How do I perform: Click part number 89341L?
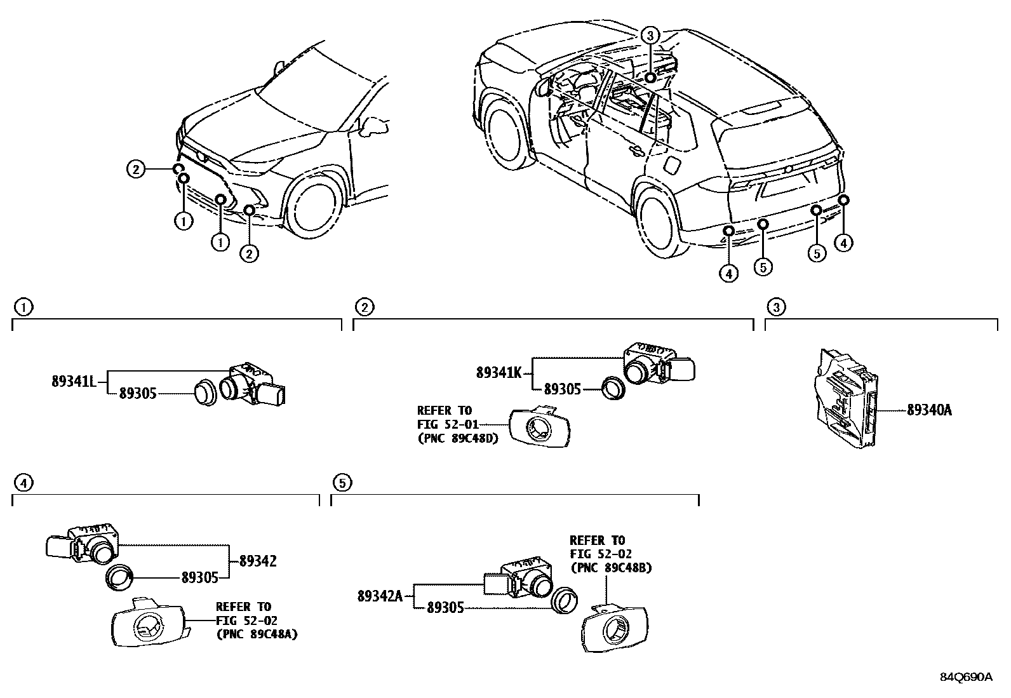click(x=73, y=382)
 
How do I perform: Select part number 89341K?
click(x=499, y=373)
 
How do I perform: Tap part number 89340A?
click(x=929, y=410)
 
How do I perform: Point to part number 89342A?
click(x=380, y=596)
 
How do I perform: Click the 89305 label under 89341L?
click(x=137, y=394)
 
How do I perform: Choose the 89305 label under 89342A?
click(x=445, y=608)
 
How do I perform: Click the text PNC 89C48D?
click(x=457, y=438)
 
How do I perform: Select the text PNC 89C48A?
click(x=257, y=633)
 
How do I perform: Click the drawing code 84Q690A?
click(x=966, y=677)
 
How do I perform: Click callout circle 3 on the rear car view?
click(x=651, y=35)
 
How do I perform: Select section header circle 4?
click(x=23, y=483)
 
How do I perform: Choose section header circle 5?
click(x=342, y=483)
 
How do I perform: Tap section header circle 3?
click(x=776, y=307)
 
